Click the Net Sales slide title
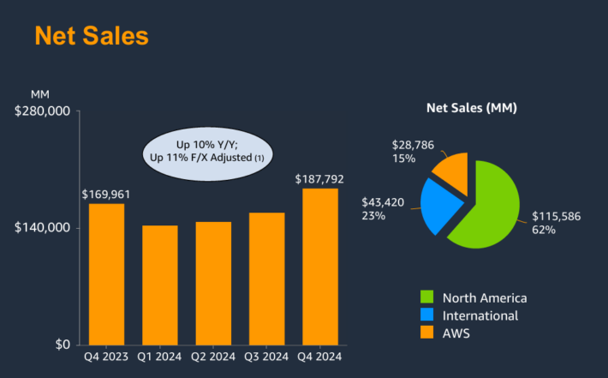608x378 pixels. point(92,36)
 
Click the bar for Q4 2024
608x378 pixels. point(319,266)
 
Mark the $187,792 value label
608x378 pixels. point(319,179)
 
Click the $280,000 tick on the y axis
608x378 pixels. point(42,111)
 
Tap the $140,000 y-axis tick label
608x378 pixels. point(42,228)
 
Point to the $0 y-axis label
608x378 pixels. point(62,345)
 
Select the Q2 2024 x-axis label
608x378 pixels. point(213,357)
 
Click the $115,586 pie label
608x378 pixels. point(557,217)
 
